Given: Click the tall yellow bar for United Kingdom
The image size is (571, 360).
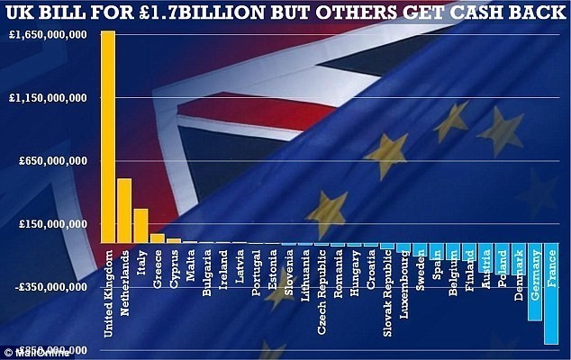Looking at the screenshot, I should tap(108, 135).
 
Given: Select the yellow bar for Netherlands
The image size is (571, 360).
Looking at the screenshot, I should tap(124, 211).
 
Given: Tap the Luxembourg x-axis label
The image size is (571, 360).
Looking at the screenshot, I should tap(403, 279).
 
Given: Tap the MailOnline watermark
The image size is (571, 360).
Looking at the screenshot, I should tap(27, 352).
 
